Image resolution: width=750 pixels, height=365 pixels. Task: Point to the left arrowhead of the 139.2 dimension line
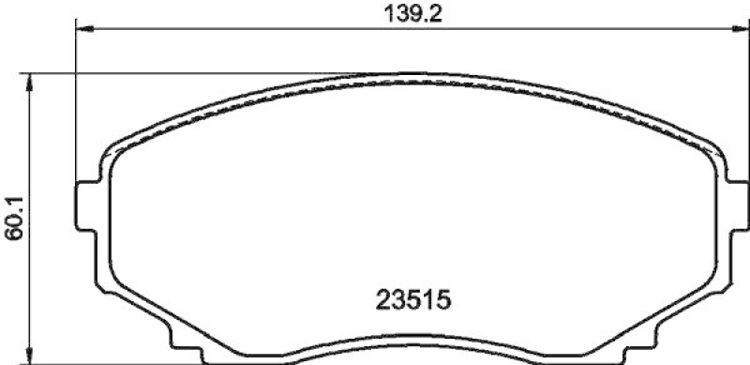pos(82,29)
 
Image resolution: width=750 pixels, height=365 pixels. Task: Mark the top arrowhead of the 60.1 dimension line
pos(33,81)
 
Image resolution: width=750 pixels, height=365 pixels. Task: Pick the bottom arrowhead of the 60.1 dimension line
pos(33,359)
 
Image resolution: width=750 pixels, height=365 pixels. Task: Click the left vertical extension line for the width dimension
pos(74,103)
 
